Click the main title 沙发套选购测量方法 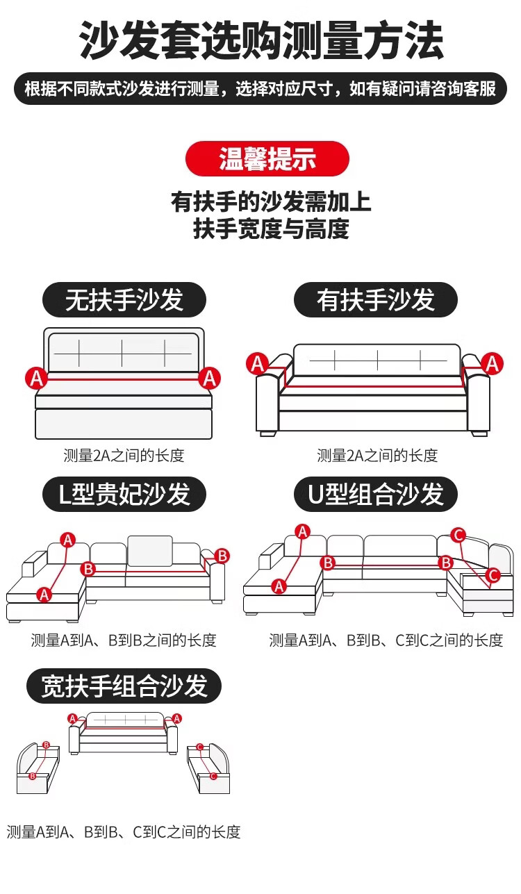pos(260,40)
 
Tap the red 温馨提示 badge pos(267,159)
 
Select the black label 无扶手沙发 pos(124,300)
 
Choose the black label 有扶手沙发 pos(376,300)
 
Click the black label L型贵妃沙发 pos(124,495)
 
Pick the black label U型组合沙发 pos(376,495)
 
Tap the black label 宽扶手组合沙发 pos(124,686)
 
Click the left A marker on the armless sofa pos(37,378)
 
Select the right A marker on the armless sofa pos(208,378)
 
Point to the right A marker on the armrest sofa pos(493,363)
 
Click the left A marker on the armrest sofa pos(258,363)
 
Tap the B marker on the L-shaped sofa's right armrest pos(222,556)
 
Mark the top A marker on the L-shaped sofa pos(68,539)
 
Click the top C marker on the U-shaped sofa pos(458,534)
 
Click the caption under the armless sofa pos(124,456)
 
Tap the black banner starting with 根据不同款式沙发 pos(260,90)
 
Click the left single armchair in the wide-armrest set pos(38,768)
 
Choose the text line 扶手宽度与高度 pos(270,229)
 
